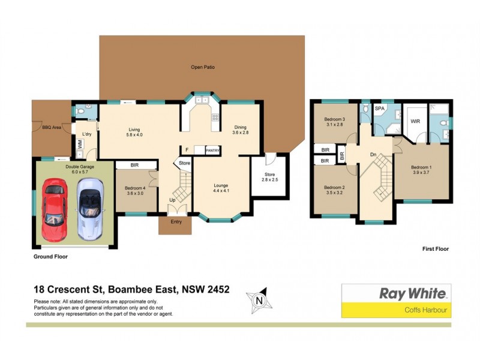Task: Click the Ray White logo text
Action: coord(413,293)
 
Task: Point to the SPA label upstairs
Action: coord(380,109)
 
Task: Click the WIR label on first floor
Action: coord(415,121)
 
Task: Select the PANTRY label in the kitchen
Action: coord(213,151)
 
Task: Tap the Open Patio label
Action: coord(202,67)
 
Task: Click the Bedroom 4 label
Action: coord(136,190)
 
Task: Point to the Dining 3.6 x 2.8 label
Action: coord(240,130)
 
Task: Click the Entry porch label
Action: coord(175,222)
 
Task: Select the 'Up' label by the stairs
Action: coord(173,200)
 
